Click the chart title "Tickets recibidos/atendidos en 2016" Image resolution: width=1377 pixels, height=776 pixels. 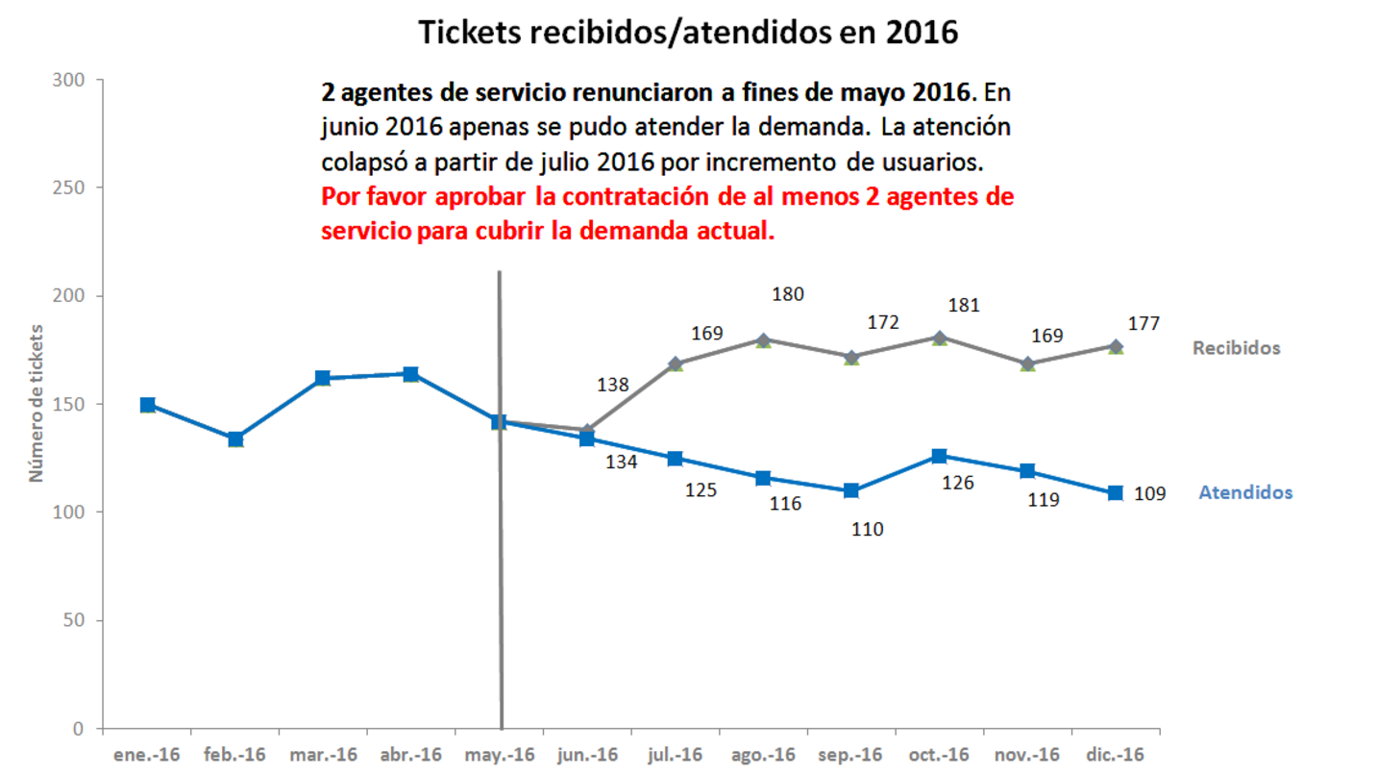[688, 32]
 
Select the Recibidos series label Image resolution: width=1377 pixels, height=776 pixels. [1236, 348]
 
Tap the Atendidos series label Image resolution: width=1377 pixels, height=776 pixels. [1245, 492]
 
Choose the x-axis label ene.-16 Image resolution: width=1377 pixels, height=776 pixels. [147, 754]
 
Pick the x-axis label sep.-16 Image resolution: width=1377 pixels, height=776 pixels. [850, 754]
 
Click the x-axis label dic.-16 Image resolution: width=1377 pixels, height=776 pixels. [1115, 754]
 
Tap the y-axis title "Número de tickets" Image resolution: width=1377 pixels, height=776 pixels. [37, 404]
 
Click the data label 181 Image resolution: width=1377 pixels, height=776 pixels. [963, 306]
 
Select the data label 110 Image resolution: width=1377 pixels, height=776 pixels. [867, 529]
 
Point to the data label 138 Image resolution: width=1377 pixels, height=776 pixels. [613, 385]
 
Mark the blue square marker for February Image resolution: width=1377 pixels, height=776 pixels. [235, 439]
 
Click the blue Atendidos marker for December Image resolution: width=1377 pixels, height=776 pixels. [1116, 493]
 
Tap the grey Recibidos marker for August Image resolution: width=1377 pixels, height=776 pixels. [763, 339]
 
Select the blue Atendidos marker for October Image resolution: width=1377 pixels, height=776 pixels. [939, 456]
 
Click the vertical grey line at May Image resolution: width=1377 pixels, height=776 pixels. [500, 577]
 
